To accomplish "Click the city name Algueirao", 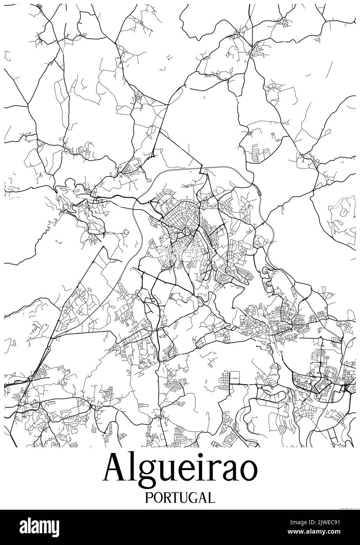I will [180, 470].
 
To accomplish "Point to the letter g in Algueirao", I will [144, 473].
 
